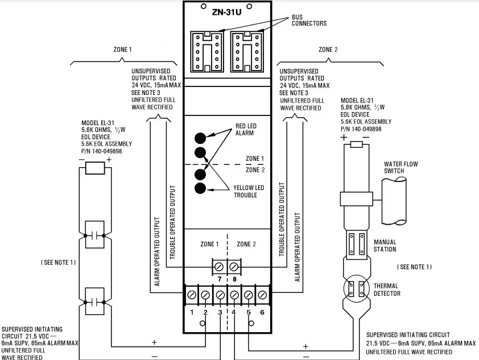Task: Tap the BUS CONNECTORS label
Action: pos(309,20)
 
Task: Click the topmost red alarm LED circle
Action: pos(201,138)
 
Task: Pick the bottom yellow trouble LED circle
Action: pos(201,188)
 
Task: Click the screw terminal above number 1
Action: pos(192,295)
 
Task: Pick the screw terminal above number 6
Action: pos(262,295)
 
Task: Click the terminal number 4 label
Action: pos(234,313)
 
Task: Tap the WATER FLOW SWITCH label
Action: pos(401,168)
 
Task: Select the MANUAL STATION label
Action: pos(385,246)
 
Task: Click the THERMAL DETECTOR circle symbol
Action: pos(356,289)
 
